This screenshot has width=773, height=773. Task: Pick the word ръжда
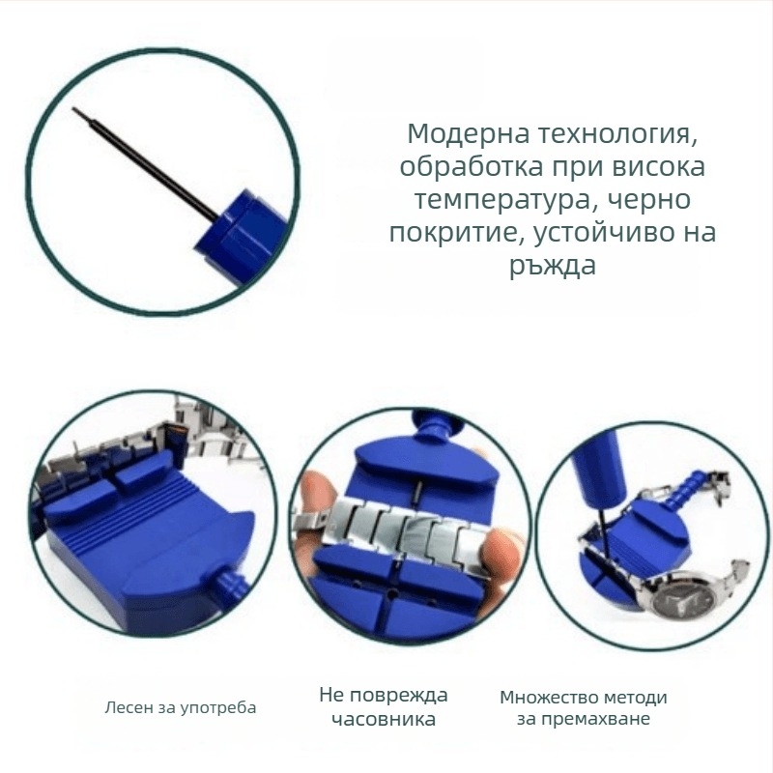[552, 267]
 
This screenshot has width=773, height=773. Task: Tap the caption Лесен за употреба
[181, 707]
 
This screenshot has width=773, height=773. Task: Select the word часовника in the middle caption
[384, 720]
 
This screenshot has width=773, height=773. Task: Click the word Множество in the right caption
[546, 698]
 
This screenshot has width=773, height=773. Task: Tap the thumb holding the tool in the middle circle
[315, 502]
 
